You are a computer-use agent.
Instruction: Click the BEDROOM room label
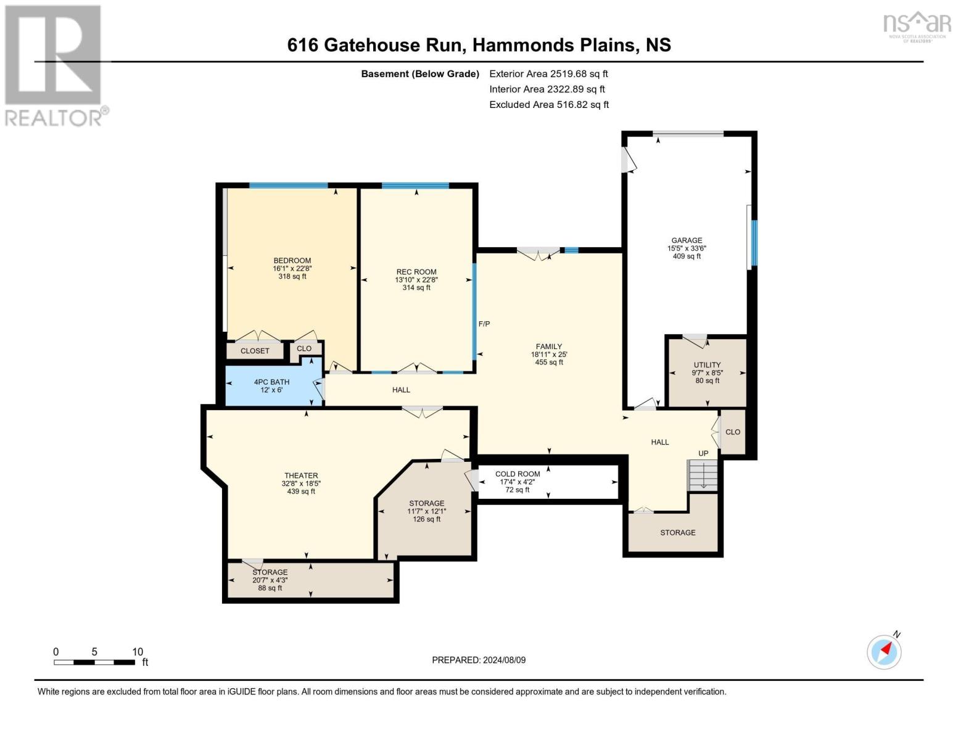click(292, 261)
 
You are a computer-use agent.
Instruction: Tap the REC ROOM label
click(416, 272)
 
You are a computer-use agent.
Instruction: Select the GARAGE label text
click(687, 240)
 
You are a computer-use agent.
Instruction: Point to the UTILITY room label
click(707, 365)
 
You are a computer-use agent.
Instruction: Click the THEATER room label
click(301, 475)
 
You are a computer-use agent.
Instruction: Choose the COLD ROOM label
click(518, 474)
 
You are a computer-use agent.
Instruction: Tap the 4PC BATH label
click(271, 382)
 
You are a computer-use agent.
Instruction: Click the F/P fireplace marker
click(484, 324)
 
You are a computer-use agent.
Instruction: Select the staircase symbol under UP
click(703, 475)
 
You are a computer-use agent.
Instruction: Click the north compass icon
click(884, 651)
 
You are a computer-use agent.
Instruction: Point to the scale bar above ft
click(94, 662)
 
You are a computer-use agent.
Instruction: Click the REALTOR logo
click(54, 65)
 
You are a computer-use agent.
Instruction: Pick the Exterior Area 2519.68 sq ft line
click(548, 73)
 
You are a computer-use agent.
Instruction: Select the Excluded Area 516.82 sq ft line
click(549, 105)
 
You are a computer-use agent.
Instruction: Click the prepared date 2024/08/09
click(479, 660)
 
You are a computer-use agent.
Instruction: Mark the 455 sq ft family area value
click(549, 363)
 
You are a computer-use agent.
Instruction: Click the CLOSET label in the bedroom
click(255, 351)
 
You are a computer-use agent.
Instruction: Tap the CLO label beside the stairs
click(733, 432)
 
